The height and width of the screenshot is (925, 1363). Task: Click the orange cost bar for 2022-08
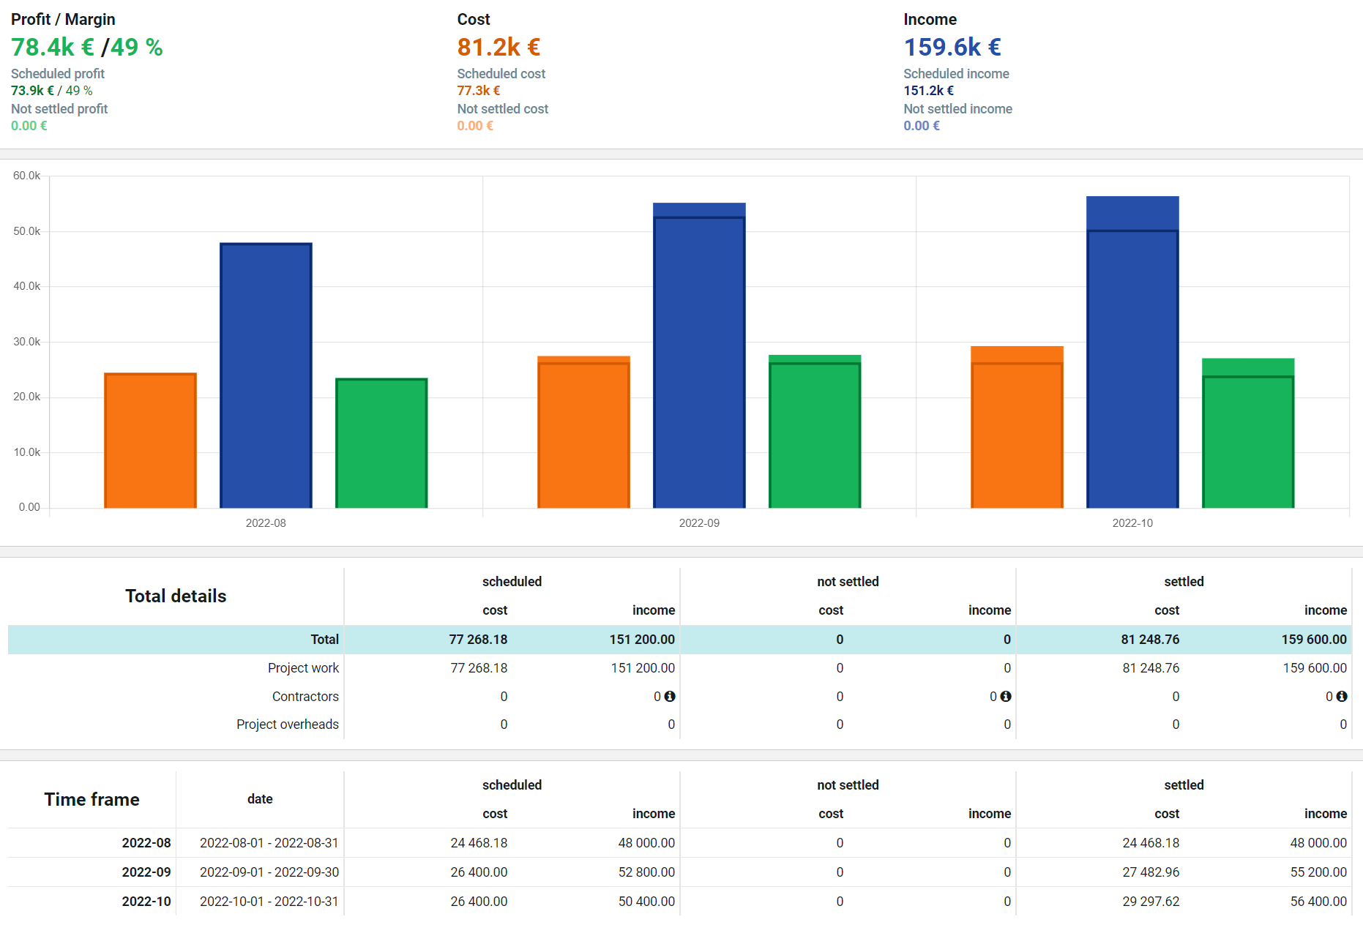pos(150,440)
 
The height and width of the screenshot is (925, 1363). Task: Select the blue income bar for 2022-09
pos(699,355)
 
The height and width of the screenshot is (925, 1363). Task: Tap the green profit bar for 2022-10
pos(1248,432)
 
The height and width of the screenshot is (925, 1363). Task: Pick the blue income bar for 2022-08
pos(266,375)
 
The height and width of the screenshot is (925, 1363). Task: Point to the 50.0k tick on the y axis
pos(26,231)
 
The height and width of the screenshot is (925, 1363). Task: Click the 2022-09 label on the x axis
pos(699,523)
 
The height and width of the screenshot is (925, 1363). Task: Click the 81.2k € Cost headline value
pos(498,47)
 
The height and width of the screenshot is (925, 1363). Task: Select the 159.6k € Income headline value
pos(952,47)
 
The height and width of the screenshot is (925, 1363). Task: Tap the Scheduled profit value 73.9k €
pos(32,91)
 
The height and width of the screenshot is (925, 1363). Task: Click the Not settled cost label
pos(503,109)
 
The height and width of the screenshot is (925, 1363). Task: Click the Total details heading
pos(176,596)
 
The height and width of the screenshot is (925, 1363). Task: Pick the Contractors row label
pos(305,697)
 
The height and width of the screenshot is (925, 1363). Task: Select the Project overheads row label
pos(288,724)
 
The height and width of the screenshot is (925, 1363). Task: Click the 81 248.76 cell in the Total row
pos(1150,640)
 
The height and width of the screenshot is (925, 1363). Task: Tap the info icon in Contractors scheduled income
pos(670,697)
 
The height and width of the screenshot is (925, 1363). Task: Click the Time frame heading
pos(92,799)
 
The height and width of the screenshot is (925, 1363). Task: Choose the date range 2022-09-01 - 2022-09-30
pos(269,872)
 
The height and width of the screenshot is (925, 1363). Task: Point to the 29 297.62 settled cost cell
pos(1151,902)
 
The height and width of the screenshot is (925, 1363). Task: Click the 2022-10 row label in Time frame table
pos(146,902)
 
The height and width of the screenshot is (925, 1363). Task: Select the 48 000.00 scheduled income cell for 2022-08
pos(646,843)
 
